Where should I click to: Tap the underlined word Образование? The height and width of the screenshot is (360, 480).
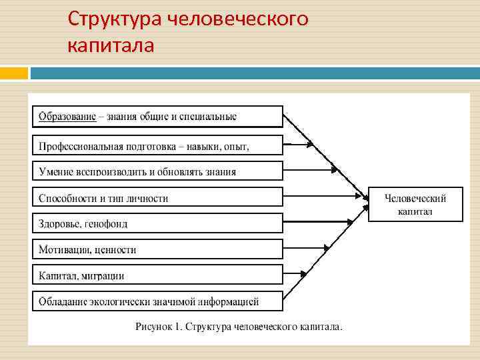[x=67, y=117]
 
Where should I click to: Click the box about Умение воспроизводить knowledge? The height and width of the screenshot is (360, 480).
[x=157, y=171]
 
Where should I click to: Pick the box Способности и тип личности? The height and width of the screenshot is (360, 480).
[x=157, y=197]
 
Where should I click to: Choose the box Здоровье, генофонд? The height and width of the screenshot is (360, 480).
[x=157, y=223]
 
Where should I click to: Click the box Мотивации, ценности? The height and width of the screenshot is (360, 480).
[x=157, y=249]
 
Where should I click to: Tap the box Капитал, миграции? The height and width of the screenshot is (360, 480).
[x=157, y=275]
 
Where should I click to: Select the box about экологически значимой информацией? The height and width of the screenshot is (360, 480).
[x=157, y=301]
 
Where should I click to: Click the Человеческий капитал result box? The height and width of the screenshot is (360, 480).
[x=415, y=204]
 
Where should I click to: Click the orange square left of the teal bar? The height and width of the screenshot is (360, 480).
[x=14, y=73]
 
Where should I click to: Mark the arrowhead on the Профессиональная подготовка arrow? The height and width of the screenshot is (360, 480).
[x=309, y=143]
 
